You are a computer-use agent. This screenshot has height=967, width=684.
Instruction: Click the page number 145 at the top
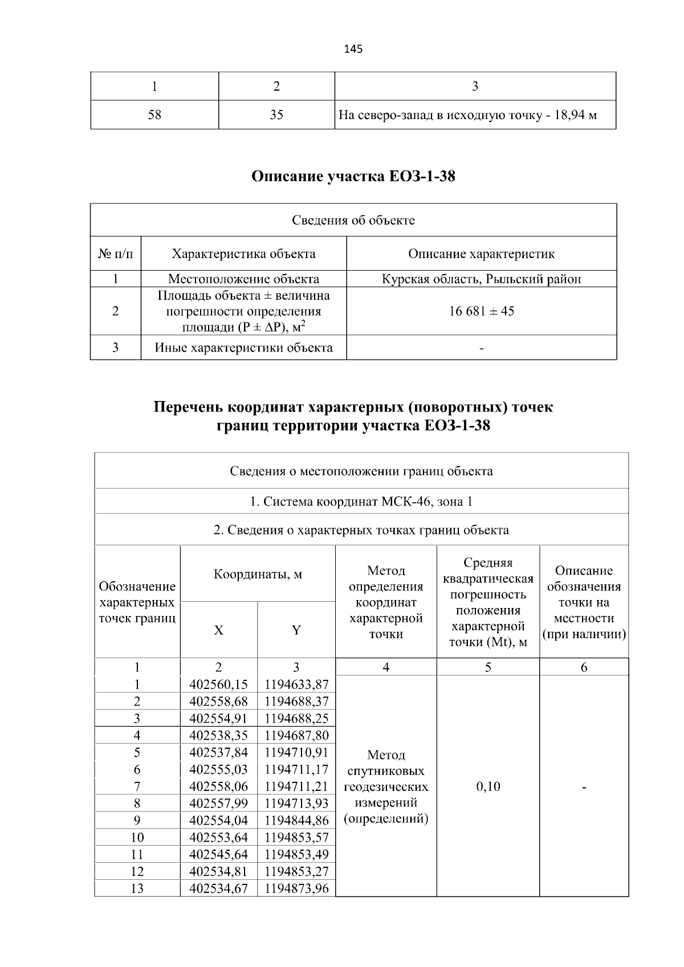(x=353, y=49)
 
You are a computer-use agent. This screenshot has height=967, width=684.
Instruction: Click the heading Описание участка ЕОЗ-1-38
(x=353, y=177)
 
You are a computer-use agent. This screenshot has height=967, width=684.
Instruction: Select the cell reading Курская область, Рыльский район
(x=482, y=279)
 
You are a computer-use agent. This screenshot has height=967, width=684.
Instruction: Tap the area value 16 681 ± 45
(x=482, y=311)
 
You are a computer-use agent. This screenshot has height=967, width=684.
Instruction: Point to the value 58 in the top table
(x=154, y=115)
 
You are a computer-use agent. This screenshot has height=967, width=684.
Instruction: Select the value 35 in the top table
(x=276, y=115)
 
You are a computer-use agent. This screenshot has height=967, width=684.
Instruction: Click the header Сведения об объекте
(x=353, y=221)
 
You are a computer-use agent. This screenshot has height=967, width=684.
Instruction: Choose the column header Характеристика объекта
(x=243, y=254)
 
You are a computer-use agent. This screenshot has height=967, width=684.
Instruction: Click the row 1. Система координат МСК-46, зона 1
(x=361, y=502)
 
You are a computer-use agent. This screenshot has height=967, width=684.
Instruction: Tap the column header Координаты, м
(x=258, y=574)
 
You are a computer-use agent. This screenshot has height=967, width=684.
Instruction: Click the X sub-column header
(x=219, y=630)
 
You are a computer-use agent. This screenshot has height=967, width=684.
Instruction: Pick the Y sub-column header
(x=296, y=630)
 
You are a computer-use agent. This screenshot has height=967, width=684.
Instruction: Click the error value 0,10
(x=488, y=787)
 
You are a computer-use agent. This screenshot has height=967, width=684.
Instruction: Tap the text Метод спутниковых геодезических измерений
(x=386, y=787)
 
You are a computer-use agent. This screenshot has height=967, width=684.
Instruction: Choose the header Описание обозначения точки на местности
(x=584, y=602)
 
